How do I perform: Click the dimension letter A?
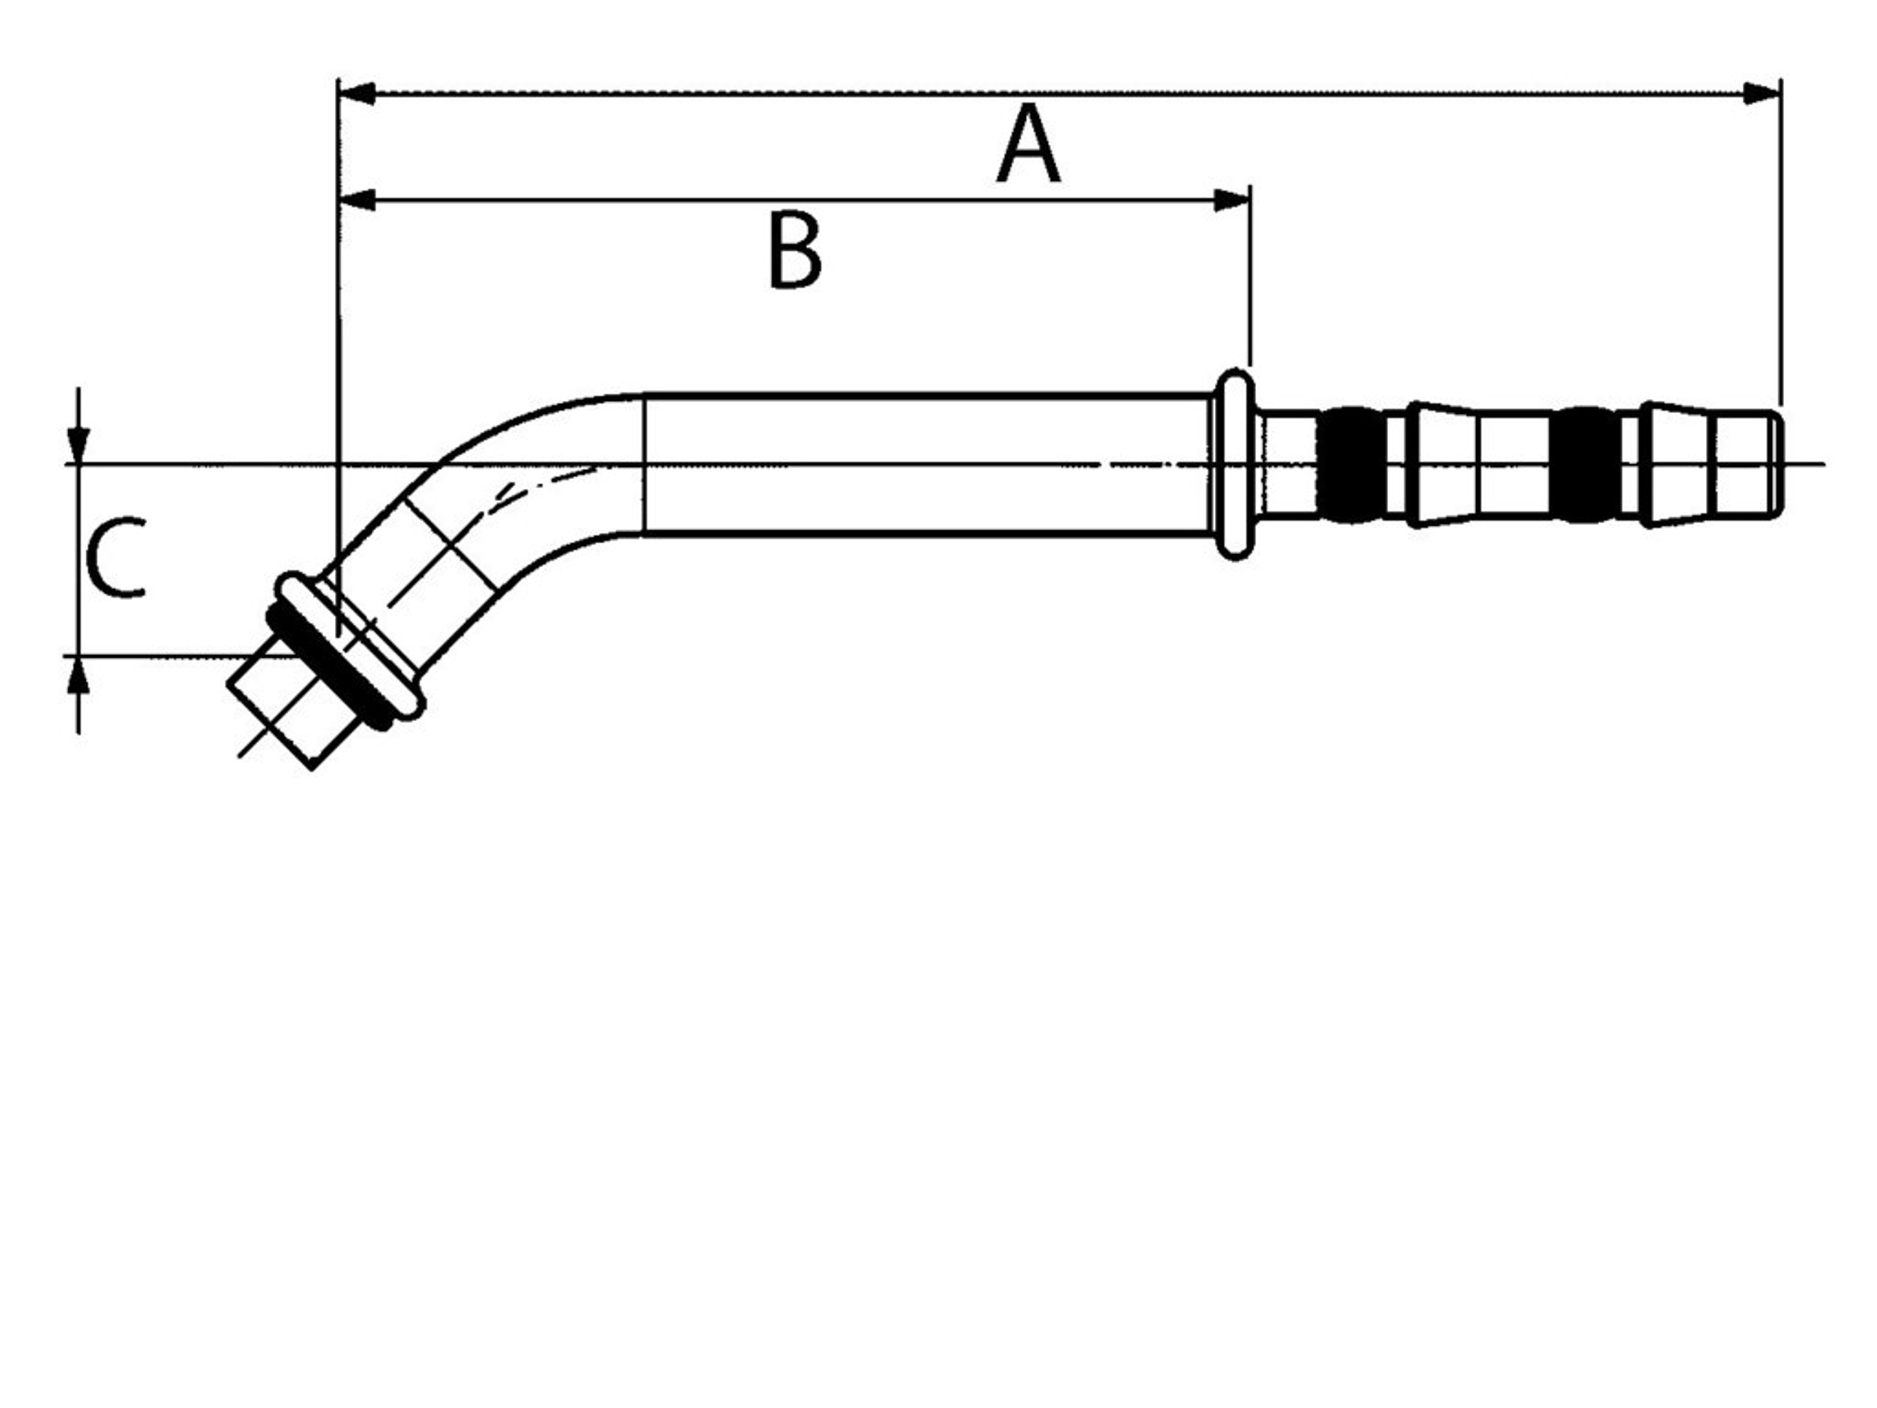[x=1028, y=144]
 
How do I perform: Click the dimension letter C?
[x=117, y=558]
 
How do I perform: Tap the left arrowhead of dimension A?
[x=357, y=93]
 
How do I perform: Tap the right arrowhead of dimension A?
[x=1761, y=93]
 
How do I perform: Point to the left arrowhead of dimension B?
[x=357, y=200]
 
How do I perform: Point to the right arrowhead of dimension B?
[x=1231, y=200]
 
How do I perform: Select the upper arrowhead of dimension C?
[x=78, y=445]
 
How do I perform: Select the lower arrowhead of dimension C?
[x=78, y=675]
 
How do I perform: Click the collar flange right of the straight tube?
[x=1234, y=464]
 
